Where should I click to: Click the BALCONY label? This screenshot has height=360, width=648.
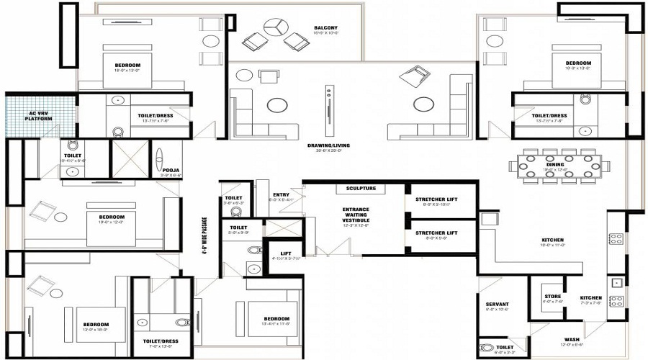click(325, 29)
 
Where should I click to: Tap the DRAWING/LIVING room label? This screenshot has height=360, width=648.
click(328, 146)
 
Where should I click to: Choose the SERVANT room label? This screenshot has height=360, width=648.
click(498, 304)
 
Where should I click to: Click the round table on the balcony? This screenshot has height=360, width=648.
click(273, 28)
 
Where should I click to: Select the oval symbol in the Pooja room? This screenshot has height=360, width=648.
click(160, 157)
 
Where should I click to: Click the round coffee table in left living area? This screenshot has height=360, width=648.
click(276, 105)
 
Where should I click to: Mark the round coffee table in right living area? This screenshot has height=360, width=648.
click(423, 105)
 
